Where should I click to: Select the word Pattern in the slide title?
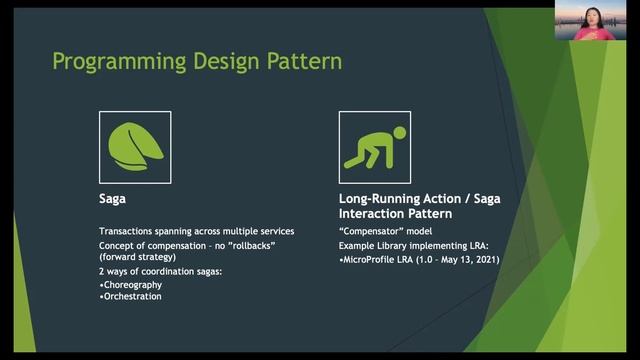pos(304,62)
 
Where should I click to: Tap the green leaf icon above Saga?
pos(134,147)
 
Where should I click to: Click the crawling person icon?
pos(375,147)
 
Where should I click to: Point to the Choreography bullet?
pos(139,283)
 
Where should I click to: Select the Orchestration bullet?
pos(136,296)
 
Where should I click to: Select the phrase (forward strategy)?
pos(138,257)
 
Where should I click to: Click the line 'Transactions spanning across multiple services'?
pos(196,231)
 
